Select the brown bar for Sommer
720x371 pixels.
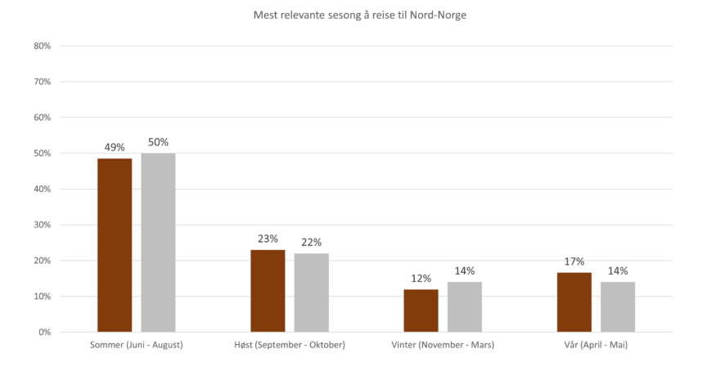115,244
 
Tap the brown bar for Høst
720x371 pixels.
268,290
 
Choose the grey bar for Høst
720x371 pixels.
312,292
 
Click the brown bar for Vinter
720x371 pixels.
421,310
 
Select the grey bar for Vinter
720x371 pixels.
465,306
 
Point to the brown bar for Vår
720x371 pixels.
574,302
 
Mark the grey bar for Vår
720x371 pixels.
618,306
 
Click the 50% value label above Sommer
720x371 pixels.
159,142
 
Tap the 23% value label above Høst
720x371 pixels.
268,239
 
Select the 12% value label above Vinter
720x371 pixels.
421,278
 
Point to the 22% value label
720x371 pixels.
312,242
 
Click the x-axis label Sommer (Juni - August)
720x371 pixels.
137,345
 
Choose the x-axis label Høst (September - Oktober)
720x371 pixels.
290,345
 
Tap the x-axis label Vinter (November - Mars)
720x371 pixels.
443,345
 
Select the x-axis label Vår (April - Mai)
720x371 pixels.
596,345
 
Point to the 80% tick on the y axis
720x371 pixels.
43,47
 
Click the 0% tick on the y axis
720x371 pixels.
45,333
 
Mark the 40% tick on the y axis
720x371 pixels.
43,190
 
